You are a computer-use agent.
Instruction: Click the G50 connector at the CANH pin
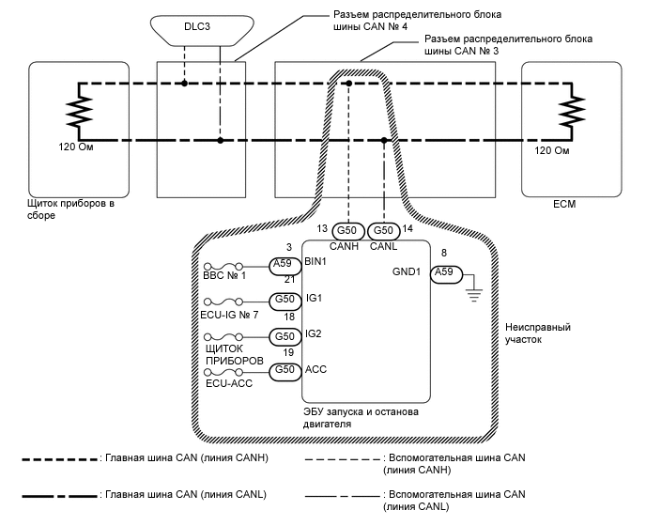point(347,230)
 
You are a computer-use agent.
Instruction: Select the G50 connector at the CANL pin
point(383,230)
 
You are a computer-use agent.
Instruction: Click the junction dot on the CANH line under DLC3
point(184,83)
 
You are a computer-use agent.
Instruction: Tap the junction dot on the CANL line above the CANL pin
point(384,141)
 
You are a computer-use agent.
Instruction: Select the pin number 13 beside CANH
point(322,228)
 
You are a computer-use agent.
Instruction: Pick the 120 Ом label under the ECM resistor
point(552,149)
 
